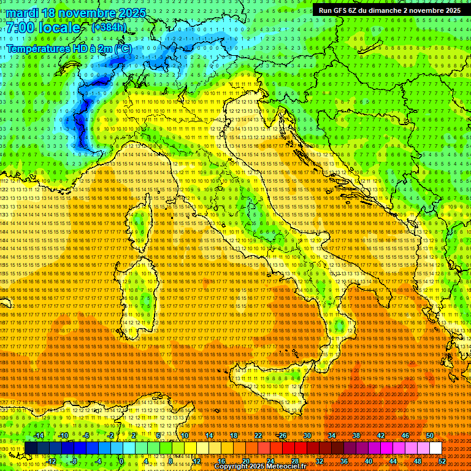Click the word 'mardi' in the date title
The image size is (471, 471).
pyautogui.click(x=23, y=12)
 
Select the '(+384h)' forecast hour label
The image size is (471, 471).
pyautogui.click(x=109, y=27)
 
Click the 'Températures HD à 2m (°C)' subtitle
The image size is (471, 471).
pyautogui.click(x=68, y=48)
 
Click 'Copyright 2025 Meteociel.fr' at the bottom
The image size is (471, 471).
pyautogui.click(x=264, y=467)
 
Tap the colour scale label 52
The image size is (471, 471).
pyautogui.click(x=442, y=461)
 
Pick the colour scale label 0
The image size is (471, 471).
pyautogui.click(x=121, y=461)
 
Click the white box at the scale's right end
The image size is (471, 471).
pyautogui.click(x=435, y=448)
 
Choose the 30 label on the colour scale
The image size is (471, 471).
pyautogui.click(x=307, y=435)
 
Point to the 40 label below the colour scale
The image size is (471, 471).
pyautogui.click(x=368, y=461)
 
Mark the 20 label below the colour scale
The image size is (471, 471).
pyautogui.click(x=245, y=461)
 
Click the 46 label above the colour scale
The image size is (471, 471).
pyautogui.click(x=405, y=435)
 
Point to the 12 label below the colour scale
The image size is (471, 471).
pyautogui.click(x=196, y=461)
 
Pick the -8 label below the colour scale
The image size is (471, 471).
pyautogui.click(x=74, y=461)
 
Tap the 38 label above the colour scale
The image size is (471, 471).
pyautogui.click(x=356, y=435)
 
